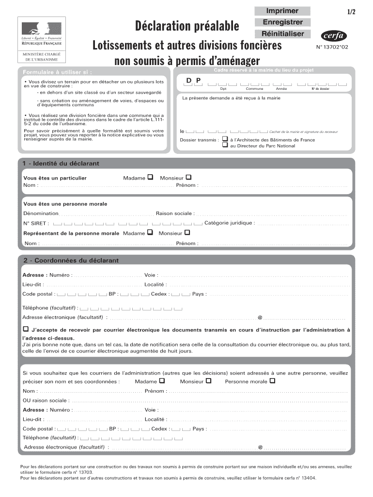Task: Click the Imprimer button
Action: pyautogui.click(x=282, y=11)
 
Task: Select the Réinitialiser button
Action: pyautogui.click(x=282, y=33)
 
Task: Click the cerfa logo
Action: pyautogui.click(x=334, y=36)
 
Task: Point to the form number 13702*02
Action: pyautogui.click(x=333, y=48)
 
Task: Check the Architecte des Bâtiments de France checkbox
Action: pyautogui.click(x=225, y=138)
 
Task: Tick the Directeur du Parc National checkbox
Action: pyautogui.click(x=225, y=145)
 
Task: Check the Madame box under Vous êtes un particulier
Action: pyautogui.click(x=150, y=177)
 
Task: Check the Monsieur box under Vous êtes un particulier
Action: pyautogui.click(x=188, y=177)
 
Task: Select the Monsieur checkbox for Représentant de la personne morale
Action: pyautogui.click(x=187, y=232)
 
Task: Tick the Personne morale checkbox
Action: pyautogui.click(x=273, y=381)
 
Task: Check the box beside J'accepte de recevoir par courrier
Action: pyautogui.click(x=25, y=329)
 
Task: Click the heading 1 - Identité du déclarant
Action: pyautogui.click(x=61, y=164)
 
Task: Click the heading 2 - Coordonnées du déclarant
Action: pyautogui.click(x=71, y=261)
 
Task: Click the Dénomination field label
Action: pyautogui.click(x=41, y=214)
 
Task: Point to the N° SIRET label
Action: pyautogui.click(x=36, y=224)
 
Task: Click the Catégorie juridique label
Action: pyautogui.click(x=229, y=223)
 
